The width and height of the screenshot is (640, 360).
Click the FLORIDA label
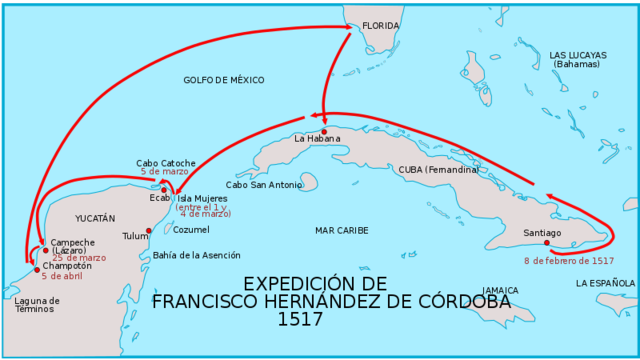(380, 26)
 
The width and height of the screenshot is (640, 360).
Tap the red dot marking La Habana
(324, 131)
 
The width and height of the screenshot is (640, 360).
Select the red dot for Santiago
(546, 243)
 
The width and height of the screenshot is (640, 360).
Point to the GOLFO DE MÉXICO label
(224, 80)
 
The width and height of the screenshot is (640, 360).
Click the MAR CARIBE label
(341, 231)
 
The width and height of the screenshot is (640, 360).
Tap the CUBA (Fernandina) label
(438, 170)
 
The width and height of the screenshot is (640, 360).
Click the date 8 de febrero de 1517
(569, 261)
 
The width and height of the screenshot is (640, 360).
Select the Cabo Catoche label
(166, 163)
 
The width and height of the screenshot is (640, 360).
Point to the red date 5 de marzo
(164, 172)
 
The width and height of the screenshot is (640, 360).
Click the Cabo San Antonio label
(264, 185)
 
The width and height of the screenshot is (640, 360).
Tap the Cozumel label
(191, 229)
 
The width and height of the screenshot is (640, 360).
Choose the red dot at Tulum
(150, 231)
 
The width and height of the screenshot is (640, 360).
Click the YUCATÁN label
(96, 218)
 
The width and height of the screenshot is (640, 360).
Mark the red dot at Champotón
(37, 269)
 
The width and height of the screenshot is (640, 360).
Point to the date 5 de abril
(63, 276)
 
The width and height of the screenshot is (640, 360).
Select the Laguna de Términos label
(37, 305)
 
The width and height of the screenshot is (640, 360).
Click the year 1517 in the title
(302, 320)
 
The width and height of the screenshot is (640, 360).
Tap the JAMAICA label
(500, 291)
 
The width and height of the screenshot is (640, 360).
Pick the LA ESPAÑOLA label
(605, 283)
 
